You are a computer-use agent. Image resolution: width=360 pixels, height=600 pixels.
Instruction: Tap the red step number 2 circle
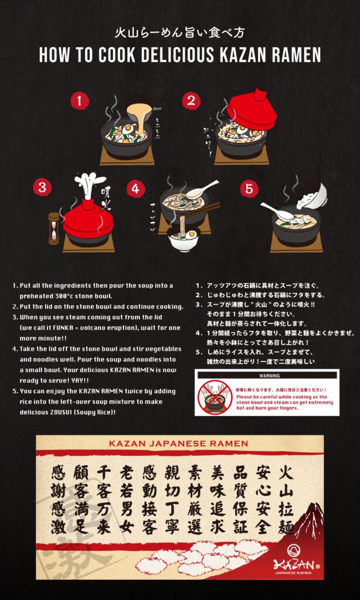pyautogui.click(x=191, y=101)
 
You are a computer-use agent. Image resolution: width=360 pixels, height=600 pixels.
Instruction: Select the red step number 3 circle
pyautogui.click(x=41, y=187)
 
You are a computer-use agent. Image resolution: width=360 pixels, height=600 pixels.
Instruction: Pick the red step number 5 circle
pyautogui.click(x=249, y=189)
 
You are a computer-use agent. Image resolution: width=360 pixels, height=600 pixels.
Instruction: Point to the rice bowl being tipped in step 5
pyautogui.click(x=313, y=195)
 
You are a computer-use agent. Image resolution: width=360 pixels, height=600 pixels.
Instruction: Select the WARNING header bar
pyautogui.click(x=267, y=375)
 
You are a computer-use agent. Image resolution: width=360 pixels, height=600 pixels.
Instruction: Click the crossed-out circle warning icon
pyautogui.click(x=215, y=397)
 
